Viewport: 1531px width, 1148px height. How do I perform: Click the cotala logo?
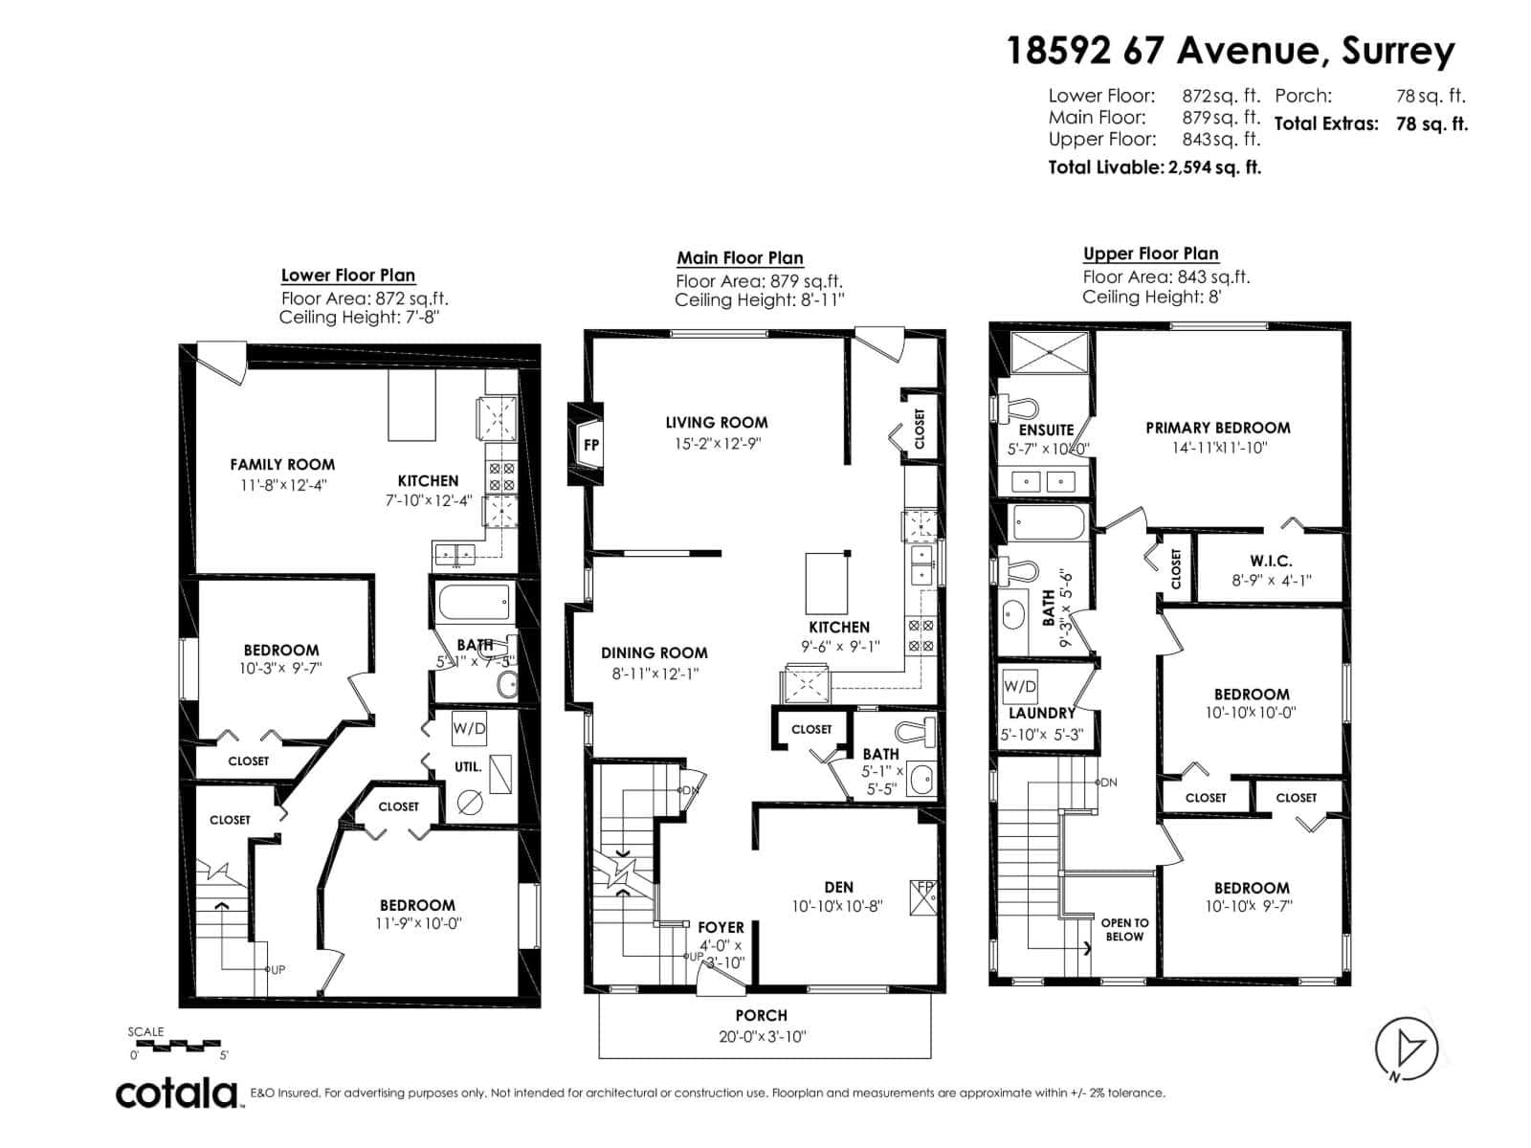coord(177,1093)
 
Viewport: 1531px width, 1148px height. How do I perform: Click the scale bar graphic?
coord(178,1046)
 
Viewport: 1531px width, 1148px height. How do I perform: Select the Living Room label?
coord(717,422)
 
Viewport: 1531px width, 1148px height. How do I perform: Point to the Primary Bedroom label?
coord(1217,428)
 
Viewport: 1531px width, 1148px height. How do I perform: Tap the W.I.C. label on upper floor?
coord(1271,561)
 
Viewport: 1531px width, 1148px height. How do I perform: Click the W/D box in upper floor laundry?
coord(1020,686)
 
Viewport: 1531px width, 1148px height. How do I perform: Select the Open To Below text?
coord(1124,930)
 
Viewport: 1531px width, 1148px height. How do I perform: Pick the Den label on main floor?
coord(838,887)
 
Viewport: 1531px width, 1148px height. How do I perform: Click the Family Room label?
coord(282,464)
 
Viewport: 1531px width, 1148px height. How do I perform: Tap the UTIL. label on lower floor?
coord(468,767)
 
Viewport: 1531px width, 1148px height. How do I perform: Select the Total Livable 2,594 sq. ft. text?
coord(1155,167)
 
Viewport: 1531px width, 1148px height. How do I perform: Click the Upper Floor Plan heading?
coord(1150,254)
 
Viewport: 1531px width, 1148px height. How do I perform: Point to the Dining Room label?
coord(655,652)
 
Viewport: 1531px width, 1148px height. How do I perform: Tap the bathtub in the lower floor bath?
coord(474,604)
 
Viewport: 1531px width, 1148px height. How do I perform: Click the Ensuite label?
coord(1046,430)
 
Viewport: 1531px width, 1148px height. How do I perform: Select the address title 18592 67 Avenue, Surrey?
coord(1231,50)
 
